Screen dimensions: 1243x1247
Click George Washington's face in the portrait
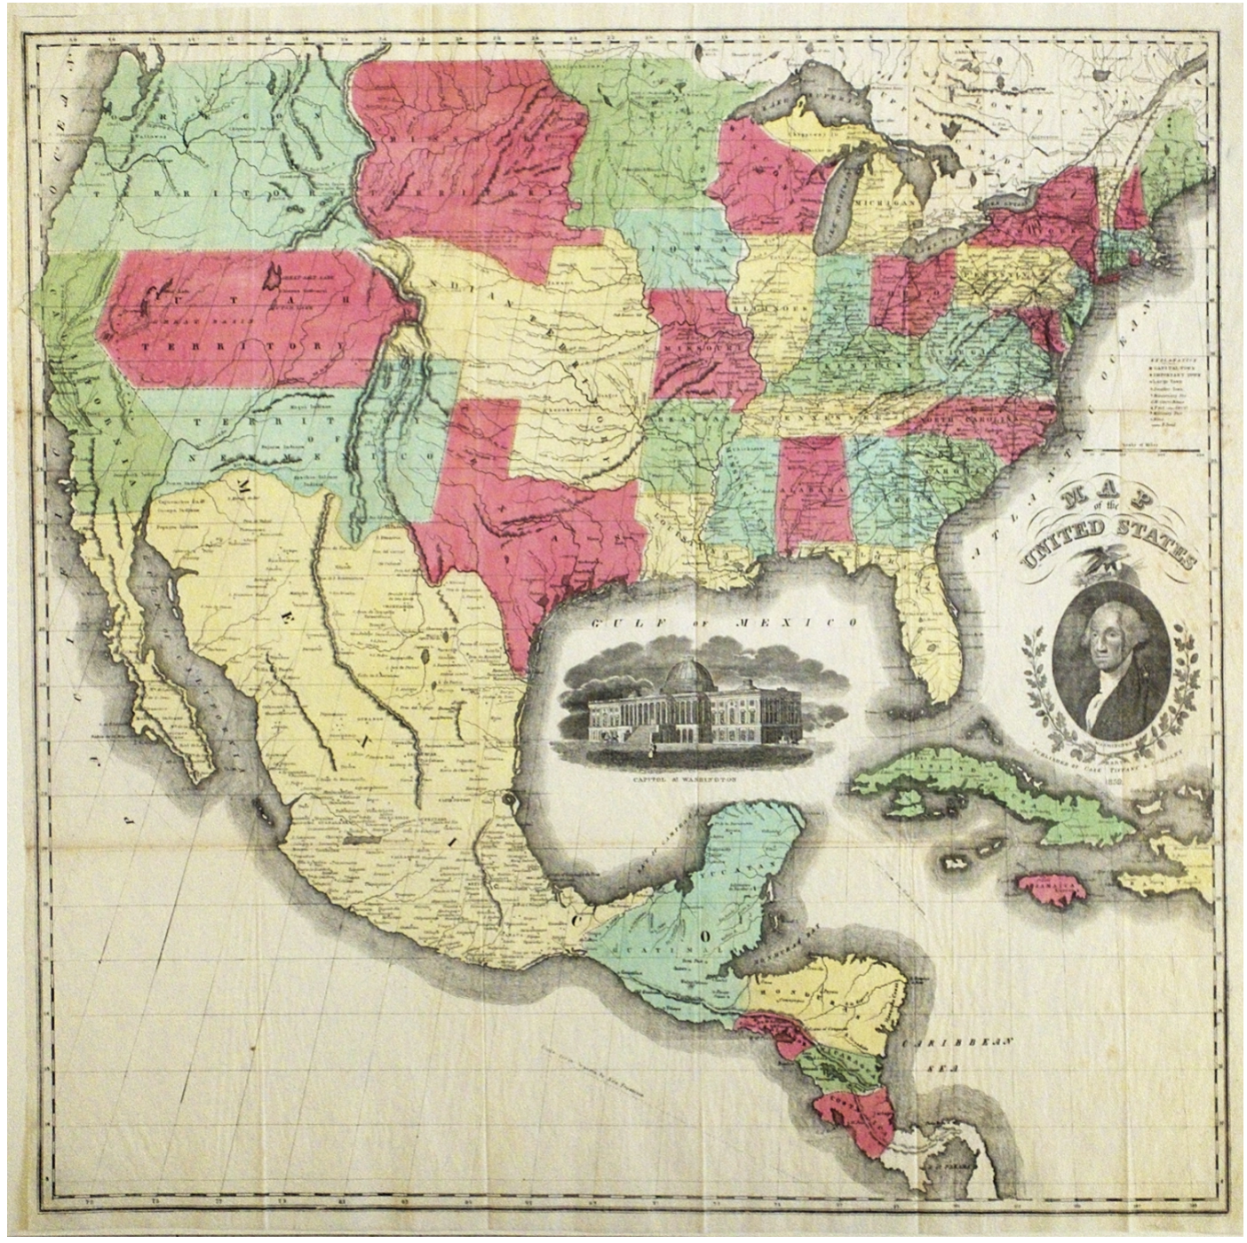[1103, 645]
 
